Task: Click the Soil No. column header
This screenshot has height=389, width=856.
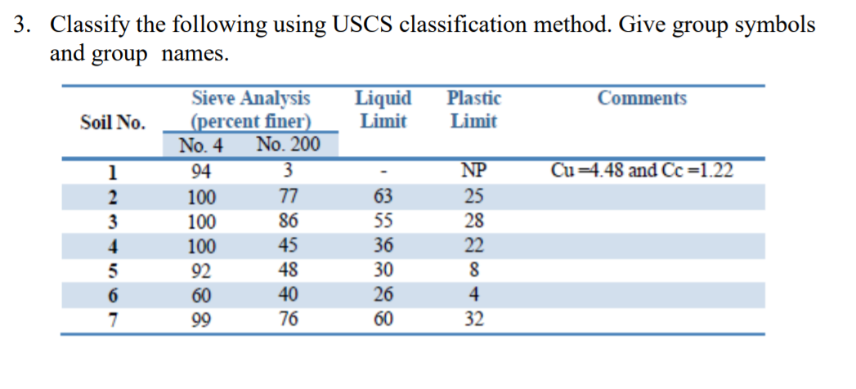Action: [113, 123]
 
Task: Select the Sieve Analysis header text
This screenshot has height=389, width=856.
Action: [251, 99]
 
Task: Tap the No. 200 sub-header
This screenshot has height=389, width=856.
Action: [288, 145]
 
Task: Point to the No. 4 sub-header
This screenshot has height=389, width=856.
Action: [200, 145]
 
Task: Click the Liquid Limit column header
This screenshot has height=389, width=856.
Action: [383, 110]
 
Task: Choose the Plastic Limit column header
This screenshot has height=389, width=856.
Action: [473, 110]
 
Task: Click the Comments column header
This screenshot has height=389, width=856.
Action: [642, 99]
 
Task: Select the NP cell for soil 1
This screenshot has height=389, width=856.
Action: [473, 172]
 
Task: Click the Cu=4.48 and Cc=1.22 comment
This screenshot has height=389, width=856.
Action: [642, 172]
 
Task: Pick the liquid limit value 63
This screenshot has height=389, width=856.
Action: [383, 196]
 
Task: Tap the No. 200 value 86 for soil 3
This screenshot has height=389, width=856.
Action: [288, 221]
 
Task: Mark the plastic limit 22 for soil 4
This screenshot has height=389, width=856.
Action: [473, 245]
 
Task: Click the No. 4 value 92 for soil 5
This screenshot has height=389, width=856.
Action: [200, 270]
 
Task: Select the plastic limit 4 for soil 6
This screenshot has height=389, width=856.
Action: [473, 294]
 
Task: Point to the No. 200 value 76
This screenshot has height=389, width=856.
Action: [288, 319]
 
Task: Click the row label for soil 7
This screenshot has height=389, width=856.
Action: [113, 319]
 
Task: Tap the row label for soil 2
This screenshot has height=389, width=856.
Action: [113, 196]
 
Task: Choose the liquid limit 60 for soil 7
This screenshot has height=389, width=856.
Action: [383, 319]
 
